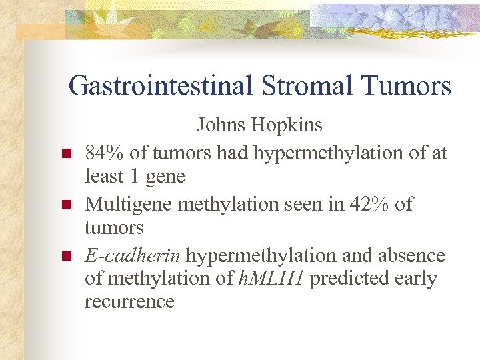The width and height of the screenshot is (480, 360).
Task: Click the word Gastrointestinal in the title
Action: click(x=159, y=86)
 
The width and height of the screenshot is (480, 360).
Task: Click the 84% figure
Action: click(x=105, y=153)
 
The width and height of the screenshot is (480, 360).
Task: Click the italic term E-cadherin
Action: click(x=133, y=255)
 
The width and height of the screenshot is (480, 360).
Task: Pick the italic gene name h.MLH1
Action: click(x=272, y=278)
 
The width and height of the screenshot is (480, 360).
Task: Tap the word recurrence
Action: click(x=129, y=301)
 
